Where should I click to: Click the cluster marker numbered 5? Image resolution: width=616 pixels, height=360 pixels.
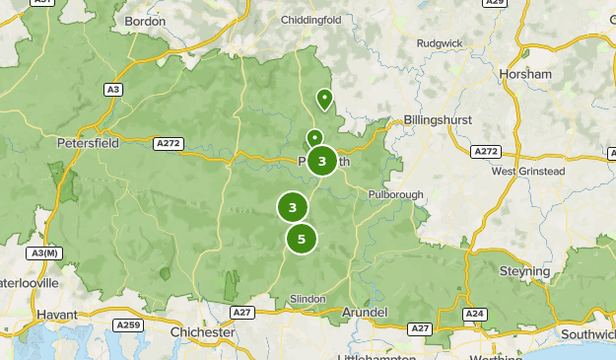pyautogui.click(x=302, y=239)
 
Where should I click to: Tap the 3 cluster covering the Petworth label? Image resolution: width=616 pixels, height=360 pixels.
pyautogui.click(x=322, y=161)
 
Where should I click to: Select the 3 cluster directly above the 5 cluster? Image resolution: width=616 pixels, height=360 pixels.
pyautogui.click(x=292, y=207)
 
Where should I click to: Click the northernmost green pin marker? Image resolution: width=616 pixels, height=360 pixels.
pyautogui.click(x=323, y=99)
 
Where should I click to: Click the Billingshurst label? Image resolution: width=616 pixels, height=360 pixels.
pyautogui.click(x=438, y=120)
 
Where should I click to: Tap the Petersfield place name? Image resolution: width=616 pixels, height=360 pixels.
pyautogui.click(x=88, y=142)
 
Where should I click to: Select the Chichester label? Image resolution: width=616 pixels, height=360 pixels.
pyautogui.click(x=203, y=332)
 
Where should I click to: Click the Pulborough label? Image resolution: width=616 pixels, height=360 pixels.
pyautogui.click(x=396, y=195)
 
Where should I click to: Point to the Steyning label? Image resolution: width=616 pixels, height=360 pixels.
pyautogui.click(x=524, y=271)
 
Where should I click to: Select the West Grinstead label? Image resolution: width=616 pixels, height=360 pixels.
pyautogui.click(x=528, y=171)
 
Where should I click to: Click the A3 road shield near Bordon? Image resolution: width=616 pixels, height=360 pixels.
pyautogui.click(x=114, y=90)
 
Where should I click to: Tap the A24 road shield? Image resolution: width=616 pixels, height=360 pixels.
pyautogui.click(x=476, y=314)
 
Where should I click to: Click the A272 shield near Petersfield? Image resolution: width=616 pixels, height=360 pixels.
pyautogui.click(x=168, y=144)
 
